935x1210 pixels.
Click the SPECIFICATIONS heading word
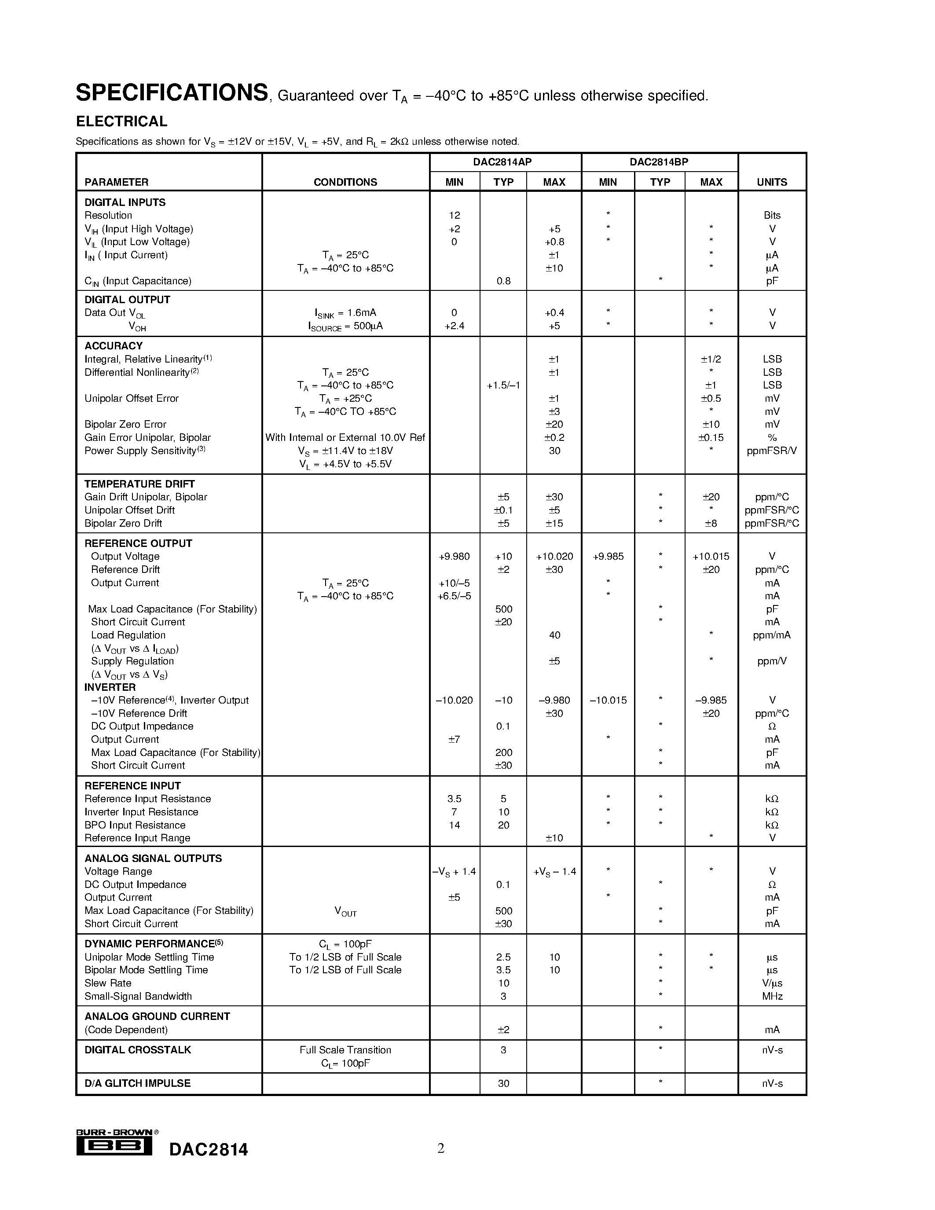pos(172,93)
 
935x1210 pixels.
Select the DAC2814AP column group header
pos(502,162)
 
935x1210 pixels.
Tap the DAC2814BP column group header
pos(659,162)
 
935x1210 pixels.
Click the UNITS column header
pos(772,182)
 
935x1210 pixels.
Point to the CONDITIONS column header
pos(345,182)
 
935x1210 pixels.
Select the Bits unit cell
pos(772,216)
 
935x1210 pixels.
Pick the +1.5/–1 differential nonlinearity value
pos(503,385)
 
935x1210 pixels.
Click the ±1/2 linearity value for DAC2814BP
pos(711,359)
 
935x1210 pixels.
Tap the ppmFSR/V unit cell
pos(772,451)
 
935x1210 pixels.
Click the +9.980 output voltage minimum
pos(454,556)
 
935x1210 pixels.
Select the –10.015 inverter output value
pos(608,700)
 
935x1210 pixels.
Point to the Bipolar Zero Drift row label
pos(123,523)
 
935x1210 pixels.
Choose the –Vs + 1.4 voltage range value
pos(454,872)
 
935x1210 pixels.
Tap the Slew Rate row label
pos(107,983)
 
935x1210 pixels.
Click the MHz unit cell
pos(772,996)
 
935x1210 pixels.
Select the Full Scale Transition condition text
pos(345,1050)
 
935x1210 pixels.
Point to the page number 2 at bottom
pos(441,1148)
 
